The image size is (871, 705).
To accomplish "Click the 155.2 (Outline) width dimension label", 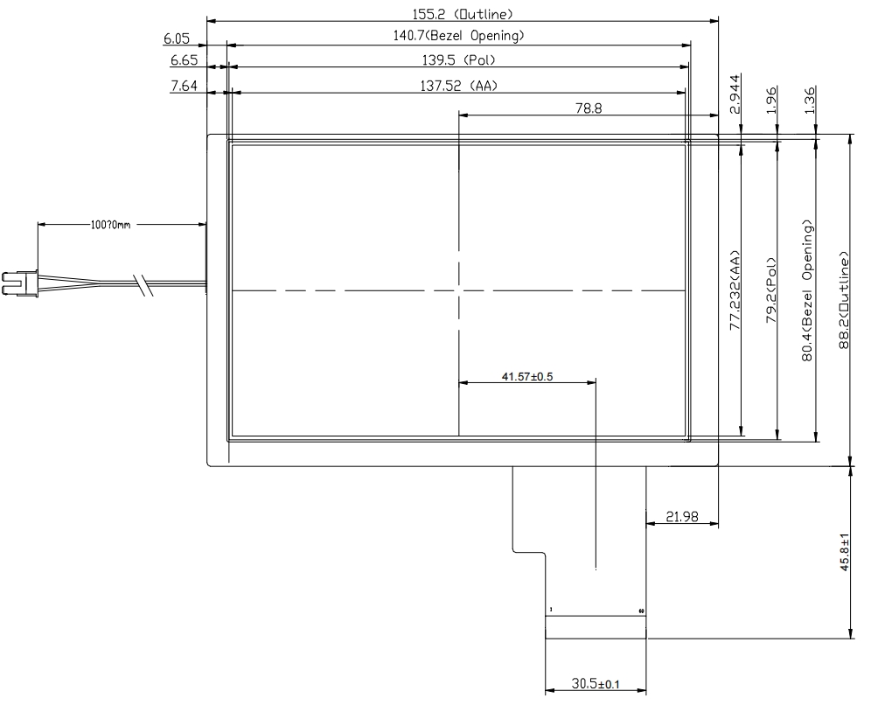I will click(463, 14).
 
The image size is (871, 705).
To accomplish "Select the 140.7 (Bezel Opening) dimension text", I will click(458, 36).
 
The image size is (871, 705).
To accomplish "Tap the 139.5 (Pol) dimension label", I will click(458, 60).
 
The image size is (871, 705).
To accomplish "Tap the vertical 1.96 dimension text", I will click(772, 101).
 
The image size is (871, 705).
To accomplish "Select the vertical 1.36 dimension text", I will click(811, 101).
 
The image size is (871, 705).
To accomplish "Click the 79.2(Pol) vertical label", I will click(772, 290).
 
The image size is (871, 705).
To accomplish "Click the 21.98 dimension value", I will click(682, 517).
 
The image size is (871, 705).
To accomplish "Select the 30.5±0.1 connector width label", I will click(596, 684).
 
